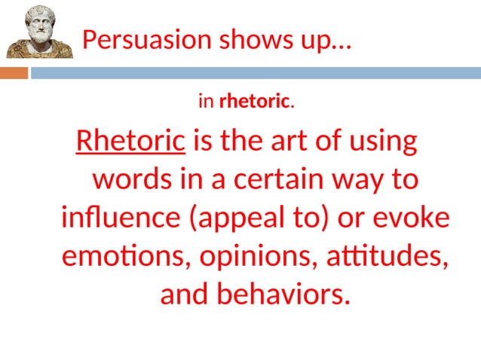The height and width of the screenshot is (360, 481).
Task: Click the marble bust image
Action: [39, 32]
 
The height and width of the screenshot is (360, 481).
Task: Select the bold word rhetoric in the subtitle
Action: [254, 100]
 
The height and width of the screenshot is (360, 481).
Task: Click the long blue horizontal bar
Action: [255, 73]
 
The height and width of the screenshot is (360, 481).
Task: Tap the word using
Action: [383, 142]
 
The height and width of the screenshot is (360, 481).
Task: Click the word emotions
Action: [127, 256]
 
